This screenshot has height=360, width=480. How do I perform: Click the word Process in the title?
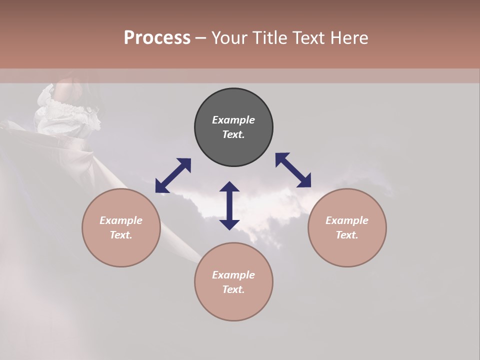click(x=157, y=38)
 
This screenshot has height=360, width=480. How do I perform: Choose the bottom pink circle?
click(x=233, y=305)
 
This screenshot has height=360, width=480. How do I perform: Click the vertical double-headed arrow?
click(x=229, y=205)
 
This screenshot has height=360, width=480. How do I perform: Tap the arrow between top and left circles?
click(x=173, y=175)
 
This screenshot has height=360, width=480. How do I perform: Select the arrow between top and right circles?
click(x=293, y=170)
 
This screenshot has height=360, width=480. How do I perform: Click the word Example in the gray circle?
click(x=233, y=120)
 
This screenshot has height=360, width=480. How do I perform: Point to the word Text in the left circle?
click(x=121, y=235)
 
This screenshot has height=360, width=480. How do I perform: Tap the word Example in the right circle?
click(x=347, y=220)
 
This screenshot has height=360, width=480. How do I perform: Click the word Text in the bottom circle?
click(x=233, y=289)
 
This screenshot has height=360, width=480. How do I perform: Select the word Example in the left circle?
click(x=121, y=220)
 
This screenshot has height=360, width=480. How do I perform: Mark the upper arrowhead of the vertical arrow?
click(x=229, y=187)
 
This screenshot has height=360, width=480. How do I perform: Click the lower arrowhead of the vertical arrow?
click(x=229, y=224)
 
